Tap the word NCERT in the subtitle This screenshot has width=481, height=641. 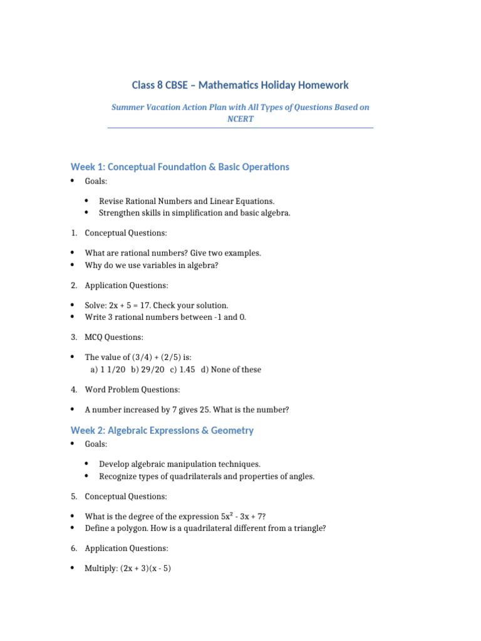[240, 118]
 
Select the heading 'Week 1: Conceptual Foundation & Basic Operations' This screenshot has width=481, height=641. [180, 167]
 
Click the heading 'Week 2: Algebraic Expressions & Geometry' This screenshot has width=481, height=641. [162, 430]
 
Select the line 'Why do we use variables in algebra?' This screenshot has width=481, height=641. [156, 265]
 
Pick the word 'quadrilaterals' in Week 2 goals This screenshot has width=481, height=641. [187, 476]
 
